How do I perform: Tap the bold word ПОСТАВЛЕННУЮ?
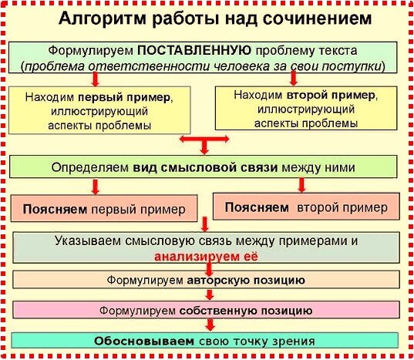194,50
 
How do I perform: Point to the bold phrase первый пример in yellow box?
124,98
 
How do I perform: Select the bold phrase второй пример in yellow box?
331,96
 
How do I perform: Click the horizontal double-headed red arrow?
204,139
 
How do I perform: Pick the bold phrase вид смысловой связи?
205,167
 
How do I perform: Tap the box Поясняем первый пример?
104,208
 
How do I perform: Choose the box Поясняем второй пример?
306,207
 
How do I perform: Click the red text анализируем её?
206,257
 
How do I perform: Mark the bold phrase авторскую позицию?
246,281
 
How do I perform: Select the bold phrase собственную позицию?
246,311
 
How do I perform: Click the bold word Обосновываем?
144,341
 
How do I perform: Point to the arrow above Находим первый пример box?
96,79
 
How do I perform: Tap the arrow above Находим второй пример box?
293,79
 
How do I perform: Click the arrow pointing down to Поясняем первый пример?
96,187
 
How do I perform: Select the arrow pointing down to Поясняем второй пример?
301,185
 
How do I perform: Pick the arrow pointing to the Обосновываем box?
210,325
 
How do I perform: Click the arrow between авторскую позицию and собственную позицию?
210,294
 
